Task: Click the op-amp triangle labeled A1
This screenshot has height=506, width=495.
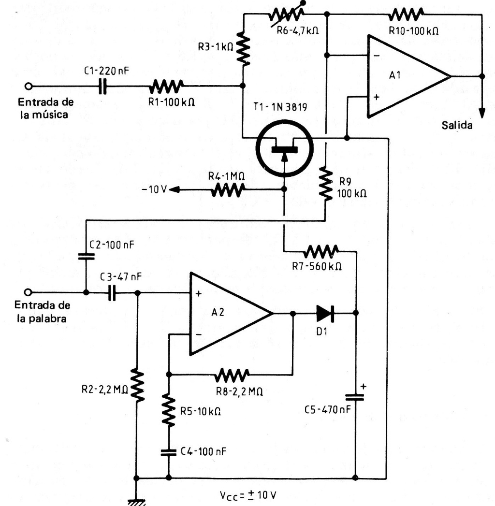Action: coord(404,76)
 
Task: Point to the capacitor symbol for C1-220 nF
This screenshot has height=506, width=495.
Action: coord(103,87)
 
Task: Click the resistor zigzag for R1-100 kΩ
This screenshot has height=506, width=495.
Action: coord(165,87)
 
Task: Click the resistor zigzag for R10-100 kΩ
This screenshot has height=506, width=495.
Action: coord(407,14)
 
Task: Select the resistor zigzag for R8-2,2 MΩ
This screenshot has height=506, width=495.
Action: coord(233,374)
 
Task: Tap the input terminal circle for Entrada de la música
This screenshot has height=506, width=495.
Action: coord(28,87)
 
